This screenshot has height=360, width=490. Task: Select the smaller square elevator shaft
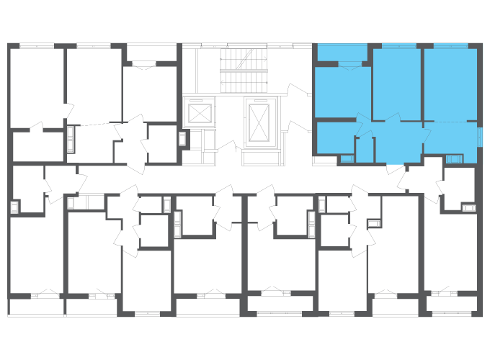[x=199, y=112]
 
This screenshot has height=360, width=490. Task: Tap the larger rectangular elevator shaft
[x=259, y=120]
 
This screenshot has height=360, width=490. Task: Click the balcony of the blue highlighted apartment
[x=342, y=53]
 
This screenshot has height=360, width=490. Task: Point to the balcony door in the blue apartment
[x=349, y=66]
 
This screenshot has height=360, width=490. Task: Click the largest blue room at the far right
[x=450, y=84]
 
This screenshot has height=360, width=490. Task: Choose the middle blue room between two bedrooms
[x=396, y=83]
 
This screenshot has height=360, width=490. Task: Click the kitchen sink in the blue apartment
[x=454, y=159]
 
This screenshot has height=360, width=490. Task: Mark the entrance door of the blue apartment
[x=395, y=168]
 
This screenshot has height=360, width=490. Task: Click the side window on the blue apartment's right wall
[x=480, y=137]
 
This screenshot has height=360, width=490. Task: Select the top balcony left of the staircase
[x=151, y=53]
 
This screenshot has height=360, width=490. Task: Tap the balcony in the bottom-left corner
[x=36, y=307]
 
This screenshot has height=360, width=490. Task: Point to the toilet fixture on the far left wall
[x=14, y=207]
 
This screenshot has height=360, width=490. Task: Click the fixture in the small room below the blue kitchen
[x=468, y=207]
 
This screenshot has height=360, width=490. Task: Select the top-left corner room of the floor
[x=36, y=86]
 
